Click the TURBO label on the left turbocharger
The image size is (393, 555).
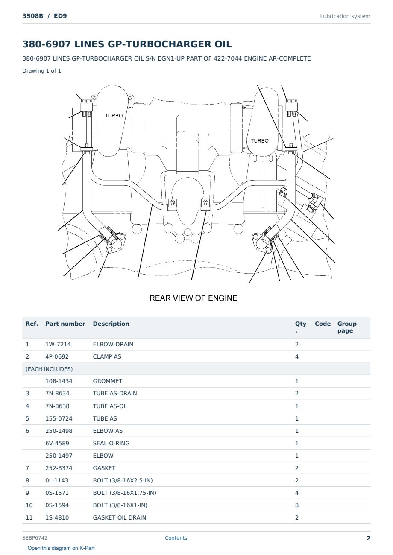click(x=114, y=116)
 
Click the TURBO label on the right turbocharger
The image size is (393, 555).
click(x=259, y=141)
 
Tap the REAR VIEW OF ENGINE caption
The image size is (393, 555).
click(x=193, y=298)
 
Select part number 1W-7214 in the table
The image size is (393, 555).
click(x=58, y=344)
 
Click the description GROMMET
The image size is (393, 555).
click(x=107, y=381)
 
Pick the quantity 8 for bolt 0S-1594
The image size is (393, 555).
click(x=296, y=505)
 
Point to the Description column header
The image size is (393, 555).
click(x=111, y=324)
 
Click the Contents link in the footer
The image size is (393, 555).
click(x=176, y=537)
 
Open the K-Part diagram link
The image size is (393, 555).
click(x=61, y=548)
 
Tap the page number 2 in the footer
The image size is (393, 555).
click(x=368, y=538)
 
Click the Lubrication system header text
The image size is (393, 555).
click(x=345, y=16)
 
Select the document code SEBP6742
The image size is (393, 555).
click(x=35, y=537)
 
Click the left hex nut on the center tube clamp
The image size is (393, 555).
click(x=172, y=203)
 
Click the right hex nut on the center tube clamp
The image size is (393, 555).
click(x=205, y=203)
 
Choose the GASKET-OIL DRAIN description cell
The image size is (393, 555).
click(x=120, y=517)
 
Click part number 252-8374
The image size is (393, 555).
click(x=59, y=468)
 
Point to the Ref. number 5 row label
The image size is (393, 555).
click(x=27, y=418)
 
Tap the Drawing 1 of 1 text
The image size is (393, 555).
click(x=42, y=70)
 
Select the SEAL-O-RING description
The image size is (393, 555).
click(x=111, y=443)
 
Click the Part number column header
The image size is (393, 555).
click(x=65, y=324)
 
